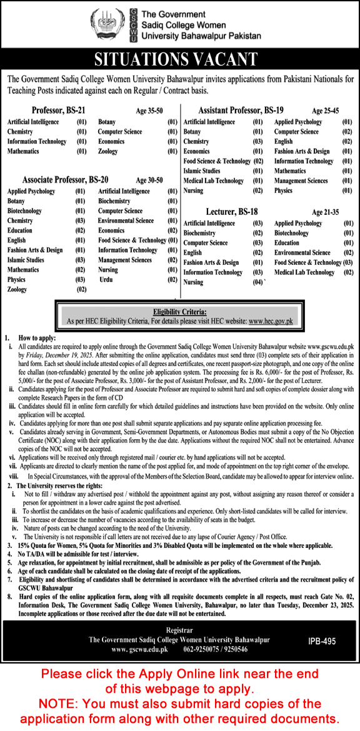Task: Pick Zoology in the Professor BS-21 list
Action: [107, 151]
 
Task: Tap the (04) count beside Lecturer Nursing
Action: [258, 282]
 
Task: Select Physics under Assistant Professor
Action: [283, 191]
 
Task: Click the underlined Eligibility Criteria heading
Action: [180, 311]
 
